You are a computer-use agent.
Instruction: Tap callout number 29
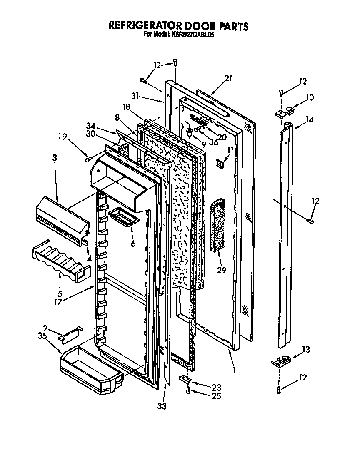pos(221,270)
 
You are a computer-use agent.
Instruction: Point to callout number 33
pos(162,406)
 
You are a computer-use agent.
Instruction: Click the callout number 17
pos(58,302)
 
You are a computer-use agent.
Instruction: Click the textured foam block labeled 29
pos(218,227)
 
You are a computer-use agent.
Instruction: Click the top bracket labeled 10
pos(284,112)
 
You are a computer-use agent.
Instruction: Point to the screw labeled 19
pos(88,159)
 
